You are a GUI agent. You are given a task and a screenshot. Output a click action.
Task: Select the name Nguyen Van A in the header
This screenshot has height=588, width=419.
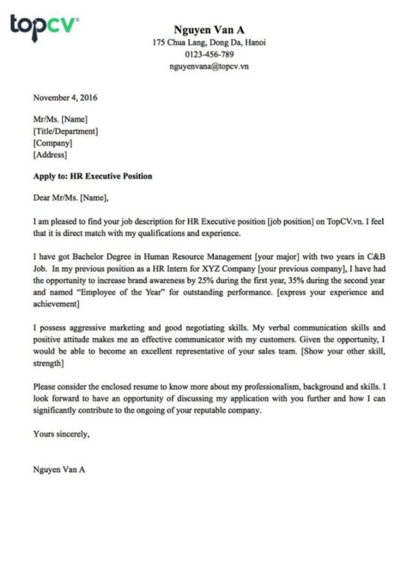[x=209, y=29]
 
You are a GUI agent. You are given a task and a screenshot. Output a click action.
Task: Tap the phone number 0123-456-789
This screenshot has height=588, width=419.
[x=209, y=54]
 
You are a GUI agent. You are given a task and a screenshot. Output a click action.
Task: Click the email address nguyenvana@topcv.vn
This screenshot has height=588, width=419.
[x=209, y=66]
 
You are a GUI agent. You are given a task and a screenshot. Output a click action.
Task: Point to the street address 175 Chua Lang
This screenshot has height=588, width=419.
[x=178, y=43]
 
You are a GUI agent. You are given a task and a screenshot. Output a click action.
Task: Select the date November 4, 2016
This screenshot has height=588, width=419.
[x=65, y=97]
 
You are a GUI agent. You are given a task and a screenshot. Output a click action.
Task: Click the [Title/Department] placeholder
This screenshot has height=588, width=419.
[x=66, y=131]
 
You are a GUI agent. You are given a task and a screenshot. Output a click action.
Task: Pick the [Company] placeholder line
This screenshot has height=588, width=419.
[x=53, y=143]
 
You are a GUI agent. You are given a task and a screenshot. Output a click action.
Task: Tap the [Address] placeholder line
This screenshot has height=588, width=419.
[x=51, y=154]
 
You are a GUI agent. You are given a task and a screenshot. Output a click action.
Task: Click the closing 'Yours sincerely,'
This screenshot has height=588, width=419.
[x=62, y=434]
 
